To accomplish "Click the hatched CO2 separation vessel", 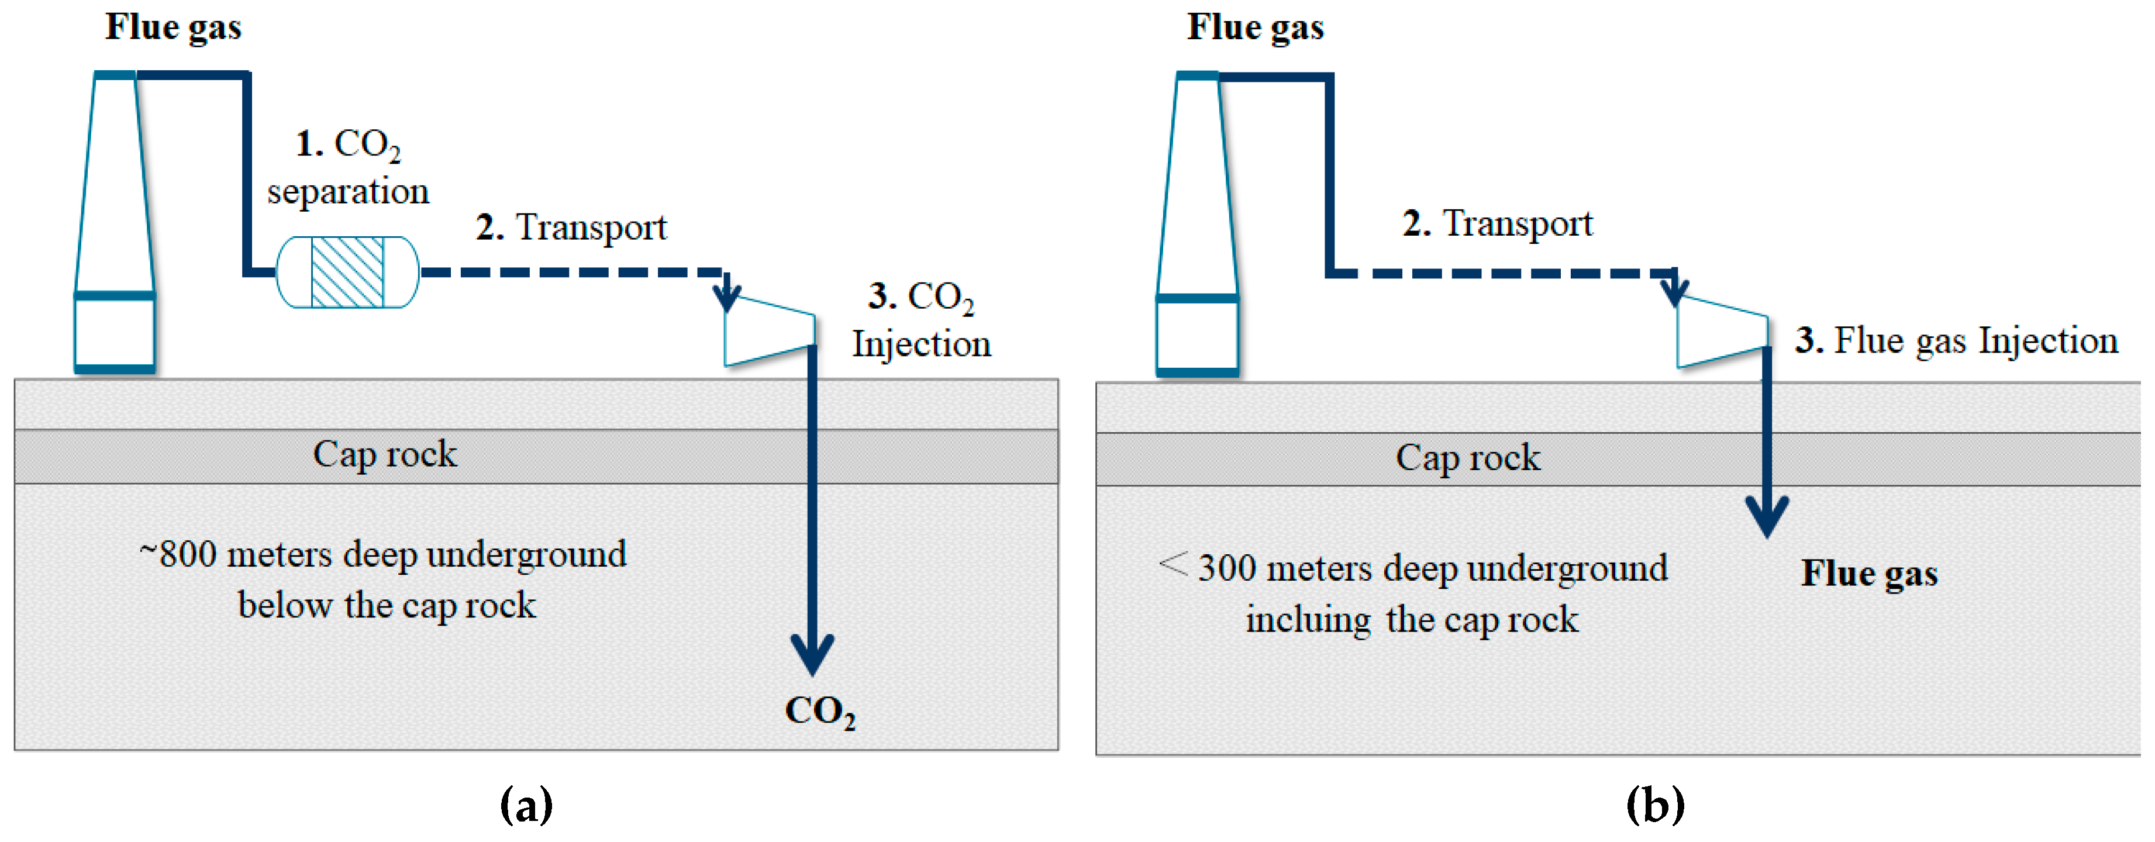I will (347, 272).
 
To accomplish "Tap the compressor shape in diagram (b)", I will (1722, 333).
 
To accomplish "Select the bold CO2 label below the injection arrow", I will (820, 712).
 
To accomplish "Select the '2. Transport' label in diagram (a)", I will (571, 227).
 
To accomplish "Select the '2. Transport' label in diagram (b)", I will (1498, 224).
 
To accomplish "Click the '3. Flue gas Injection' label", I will (1956, 341).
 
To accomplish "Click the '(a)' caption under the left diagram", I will (526, 805).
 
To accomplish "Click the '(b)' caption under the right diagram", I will (1655, 805).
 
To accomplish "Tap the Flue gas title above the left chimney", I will (173, 27).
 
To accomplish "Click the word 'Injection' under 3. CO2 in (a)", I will (921, 344).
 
